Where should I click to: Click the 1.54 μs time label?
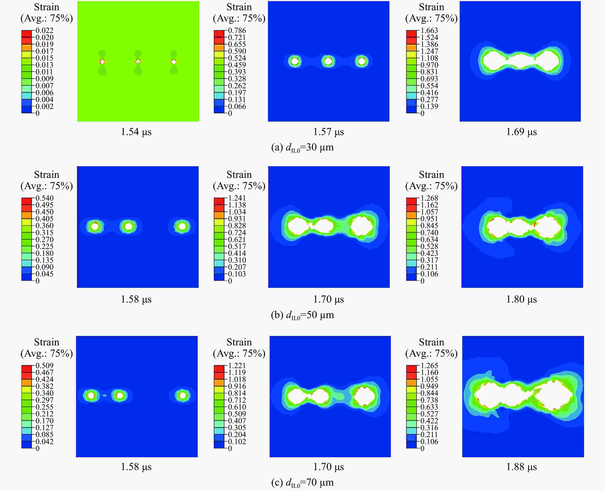click(x=136, y=132)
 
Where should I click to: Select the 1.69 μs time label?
click(x=521, y=132)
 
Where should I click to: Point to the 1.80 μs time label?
click(x=521, y=299)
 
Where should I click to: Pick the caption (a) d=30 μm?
click(x=302, y=147)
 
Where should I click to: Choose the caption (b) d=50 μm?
click(x=302, y=315)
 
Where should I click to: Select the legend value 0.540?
click(x=44, y=198)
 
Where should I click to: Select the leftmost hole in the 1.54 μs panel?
click(x=102, y=62)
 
